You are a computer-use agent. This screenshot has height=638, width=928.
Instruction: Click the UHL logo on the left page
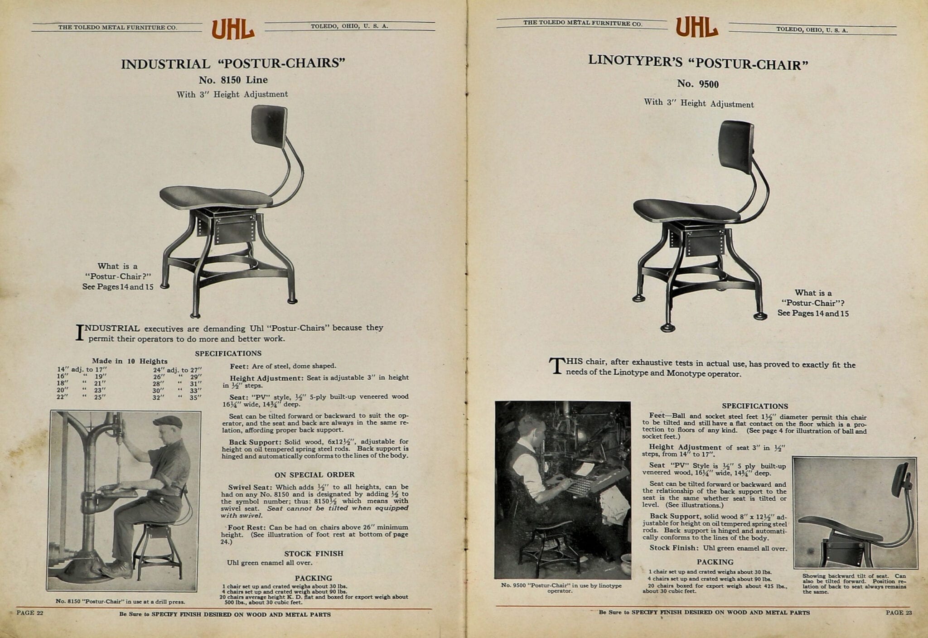[x=233, y=29]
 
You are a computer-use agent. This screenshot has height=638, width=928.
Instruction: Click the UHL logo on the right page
[x=697, y=27]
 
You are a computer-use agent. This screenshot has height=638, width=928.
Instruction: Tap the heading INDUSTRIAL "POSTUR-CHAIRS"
[x=233, y=63]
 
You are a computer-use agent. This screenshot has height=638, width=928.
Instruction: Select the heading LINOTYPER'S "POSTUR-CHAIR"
[x=698, y=63]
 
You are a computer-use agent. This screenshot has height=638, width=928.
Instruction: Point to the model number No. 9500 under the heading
[x=698, y=84]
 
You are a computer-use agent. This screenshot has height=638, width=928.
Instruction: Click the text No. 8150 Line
[x=233, y=80]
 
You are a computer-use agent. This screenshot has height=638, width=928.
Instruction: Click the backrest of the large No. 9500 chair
[x=736, y=145]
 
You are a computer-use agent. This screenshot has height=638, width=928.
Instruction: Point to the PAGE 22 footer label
[x=29, y=613]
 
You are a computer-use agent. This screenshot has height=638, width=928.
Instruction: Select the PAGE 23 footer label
[x=899, y=613]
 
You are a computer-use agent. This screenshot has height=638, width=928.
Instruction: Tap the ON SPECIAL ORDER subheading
[x=314, y=475]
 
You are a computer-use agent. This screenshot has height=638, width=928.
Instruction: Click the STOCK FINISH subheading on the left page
[x=314, y=553]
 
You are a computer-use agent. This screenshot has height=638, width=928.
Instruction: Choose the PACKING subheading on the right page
[x=715, y=562]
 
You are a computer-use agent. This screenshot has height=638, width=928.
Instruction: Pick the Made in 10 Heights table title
[x=130, y=361]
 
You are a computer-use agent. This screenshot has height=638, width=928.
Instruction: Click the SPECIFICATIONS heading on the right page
[x=755, y=406]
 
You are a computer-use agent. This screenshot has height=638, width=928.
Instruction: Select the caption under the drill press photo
[x=120, y=601]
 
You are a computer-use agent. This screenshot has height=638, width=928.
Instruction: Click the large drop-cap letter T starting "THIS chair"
[x=556, y=366]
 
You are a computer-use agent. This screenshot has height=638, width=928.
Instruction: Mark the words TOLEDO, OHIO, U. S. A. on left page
[x=349, y=26]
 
